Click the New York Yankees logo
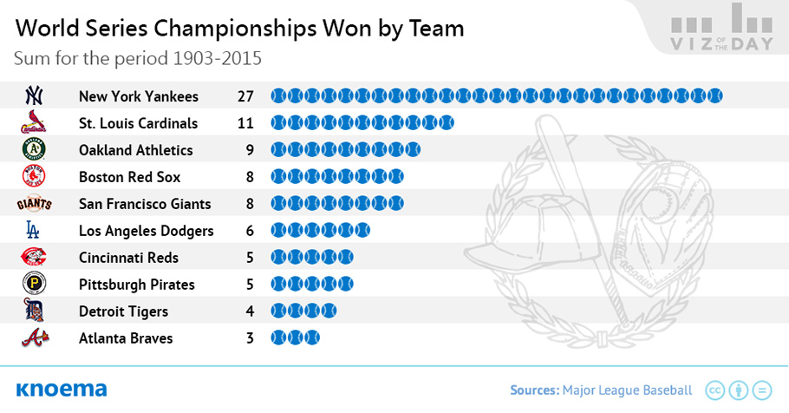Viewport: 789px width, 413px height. [34, 95]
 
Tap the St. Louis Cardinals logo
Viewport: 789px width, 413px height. [34, 121]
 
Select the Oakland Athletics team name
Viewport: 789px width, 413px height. [136, 150]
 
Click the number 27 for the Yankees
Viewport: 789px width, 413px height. [245, 96]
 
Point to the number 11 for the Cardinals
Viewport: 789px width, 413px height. [245, 123]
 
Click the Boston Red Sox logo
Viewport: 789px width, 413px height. [34, 176]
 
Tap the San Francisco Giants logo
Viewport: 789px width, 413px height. [34, 204]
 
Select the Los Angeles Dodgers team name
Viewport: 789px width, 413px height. [147, 231]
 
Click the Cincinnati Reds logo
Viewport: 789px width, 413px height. [34, 257]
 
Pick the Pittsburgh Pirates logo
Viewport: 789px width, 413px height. [34, 284]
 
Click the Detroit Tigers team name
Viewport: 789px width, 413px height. [123, 311]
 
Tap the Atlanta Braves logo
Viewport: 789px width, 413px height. [35, 338]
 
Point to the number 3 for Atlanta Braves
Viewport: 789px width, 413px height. [250, 338]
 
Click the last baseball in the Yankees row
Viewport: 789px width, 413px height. [714, 95]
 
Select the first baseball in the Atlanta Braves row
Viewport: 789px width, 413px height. [278, 338]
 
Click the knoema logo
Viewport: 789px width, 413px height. [62, 390]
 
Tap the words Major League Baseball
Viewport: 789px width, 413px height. [628, 390]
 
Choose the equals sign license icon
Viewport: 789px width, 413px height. [762, 390]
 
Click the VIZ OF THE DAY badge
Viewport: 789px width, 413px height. [722, 27]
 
